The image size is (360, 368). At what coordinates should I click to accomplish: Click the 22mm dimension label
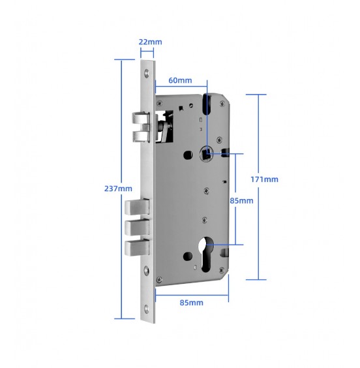tap(151, 42)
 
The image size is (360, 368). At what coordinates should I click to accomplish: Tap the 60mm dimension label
tap(180, 80)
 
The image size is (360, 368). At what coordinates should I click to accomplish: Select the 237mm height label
tap(118, 189)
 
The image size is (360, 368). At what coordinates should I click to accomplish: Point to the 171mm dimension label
tap(265, 179)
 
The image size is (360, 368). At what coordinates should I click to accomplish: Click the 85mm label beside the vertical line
tap(241, 201)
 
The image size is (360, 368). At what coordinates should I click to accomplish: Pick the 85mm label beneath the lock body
tap(191, 303)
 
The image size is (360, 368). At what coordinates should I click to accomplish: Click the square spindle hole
tap(205, 154)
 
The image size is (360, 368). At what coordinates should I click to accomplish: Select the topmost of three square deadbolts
tap(137, 207)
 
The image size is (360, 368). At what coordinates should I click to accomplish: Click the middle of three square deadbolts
tap(137, 228)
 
